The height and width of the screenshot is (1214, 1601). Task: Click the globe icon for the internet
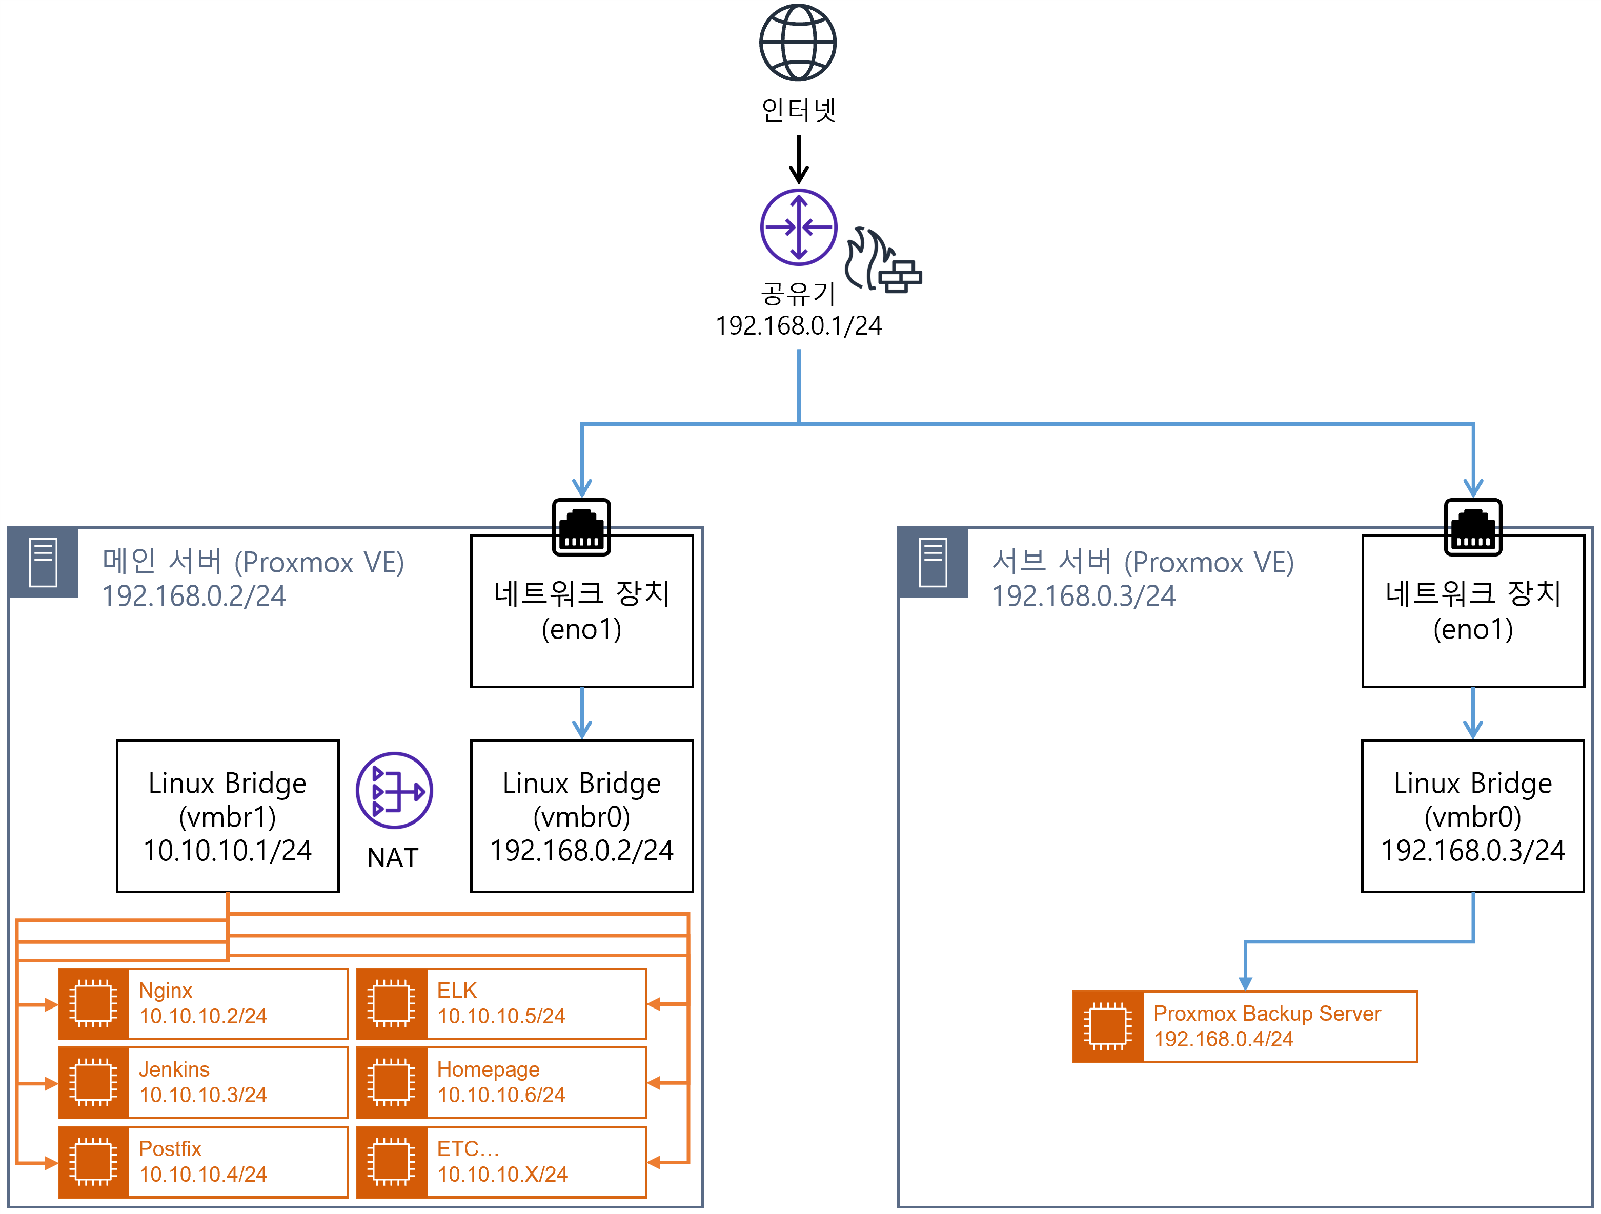coord(798,42)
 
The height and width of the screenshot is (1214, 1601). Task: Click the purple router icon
coord(798,227)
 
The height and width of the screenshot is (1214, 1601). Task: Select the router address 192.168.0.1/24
coord(798,325)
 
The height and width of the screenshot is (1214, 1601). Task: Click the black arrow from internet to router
coord(798,159)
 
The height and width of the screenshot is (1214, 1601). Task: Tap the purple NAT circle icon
coord(394,790)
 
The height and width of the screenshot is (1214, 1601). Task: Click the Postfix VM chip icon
coord(93,1162)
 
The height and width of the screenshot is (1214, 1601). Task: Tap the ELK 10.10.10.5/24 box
coord(501,1003)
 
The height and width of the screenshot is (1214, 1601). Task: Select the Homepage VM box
coord(501,1082)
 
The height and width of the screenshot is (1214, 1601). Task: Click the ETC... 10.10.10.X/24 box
coord(501,1162)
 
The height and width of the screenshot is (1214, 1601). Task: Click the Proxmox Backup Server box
coord(1244,1026)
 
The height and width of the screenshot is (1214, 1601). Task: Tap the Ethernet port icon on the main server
coord(581,527)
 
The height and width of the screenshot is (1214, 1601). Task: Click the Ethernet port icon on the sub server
coord(1472,527)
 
